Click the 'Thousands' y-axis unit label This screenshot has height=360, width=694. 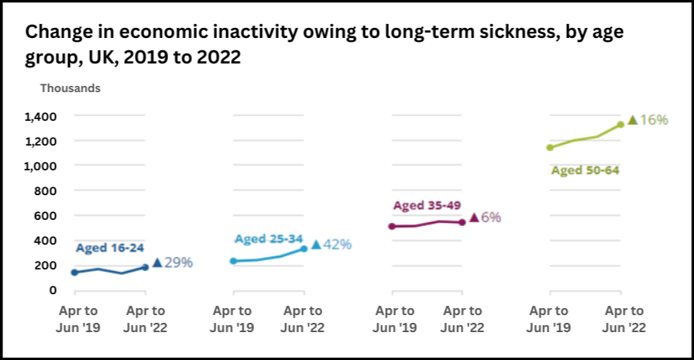[x=70, y=88]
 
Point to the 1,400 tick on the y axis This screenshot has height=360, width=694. [x=40, y=116]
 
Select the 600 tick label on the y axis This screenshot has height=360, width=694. [x=47, y=215]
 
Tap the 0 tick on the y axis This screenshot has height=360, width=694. [x=53, y=290]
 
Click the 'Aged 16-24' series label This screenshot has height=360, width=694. [x=109, y=248]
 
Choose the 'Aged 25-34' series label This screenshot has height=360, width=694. [x=268, y=238]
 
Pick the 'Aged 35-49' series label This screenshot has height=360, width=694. [x=428, y=205]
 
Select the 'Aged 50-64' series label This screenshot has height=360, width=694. [x=585, y=170]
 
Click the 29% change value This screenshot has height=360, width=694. [x=178, y=262]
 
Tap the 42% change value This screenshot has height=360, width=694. [x=337, y=245]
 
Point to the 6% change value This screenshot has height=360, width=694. [x=491, y=218]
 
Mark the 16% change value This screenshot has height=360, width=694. [x=654, y=120]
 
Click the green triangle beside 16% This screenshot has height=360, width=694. [x=633, y=120]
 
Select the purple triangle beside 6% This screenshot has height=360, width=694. [x=474, y=218]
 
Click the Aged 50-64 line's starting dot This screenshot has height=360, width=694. [x=551, y=147]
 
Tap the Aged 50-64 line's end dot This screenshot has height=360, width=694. [x=620, y=124]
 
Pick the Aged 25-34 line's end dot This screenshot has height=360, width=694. [x=304, y=249]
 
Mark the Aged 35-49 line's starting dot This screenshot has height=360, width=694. [x=392, y=226]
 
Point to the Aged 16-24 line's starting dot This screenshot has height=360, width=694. [x=75, y=273]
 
